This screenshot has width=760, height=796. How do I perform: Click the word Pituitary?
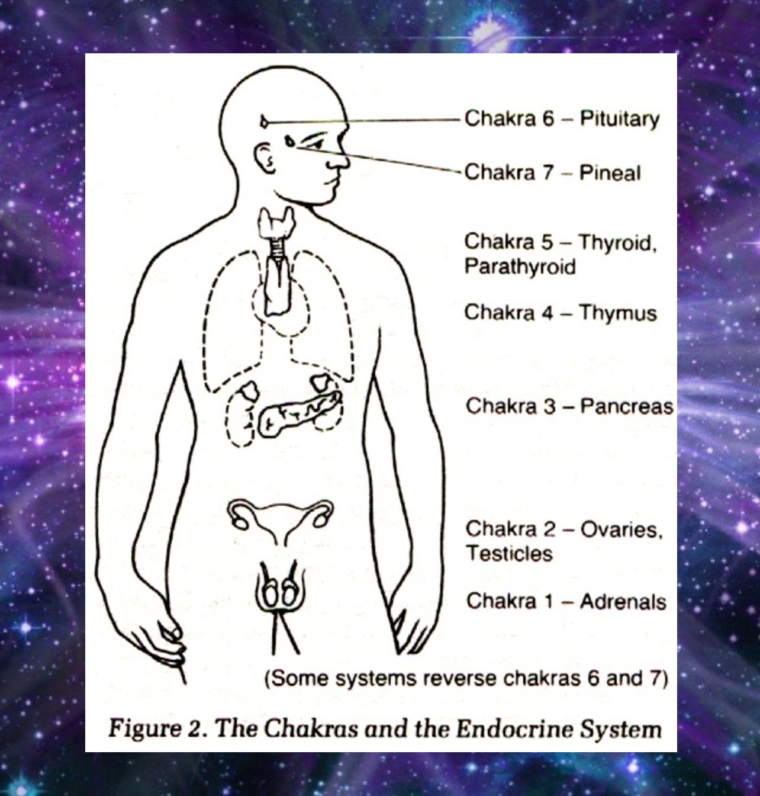click(619, 118)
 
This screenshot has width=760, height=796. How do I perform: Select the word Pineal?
click(610, 173)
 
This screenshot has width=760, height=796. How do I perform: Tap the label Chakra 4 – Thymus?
click(560, 312)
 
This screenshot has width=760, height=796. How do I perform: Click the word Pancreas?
click(626, 406)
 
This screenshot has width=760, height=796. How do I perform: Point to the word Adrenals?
click(623, 601)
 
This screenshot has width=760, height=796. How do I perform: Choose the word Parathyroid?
click(520, 267)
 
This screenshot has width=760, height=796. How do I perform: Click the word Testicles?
click(508, 553)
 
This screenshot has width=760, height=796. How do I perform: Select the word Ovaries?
click(621, 529)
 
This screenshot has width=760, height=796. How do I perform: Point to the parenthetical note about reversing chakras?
click(466, 678)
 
